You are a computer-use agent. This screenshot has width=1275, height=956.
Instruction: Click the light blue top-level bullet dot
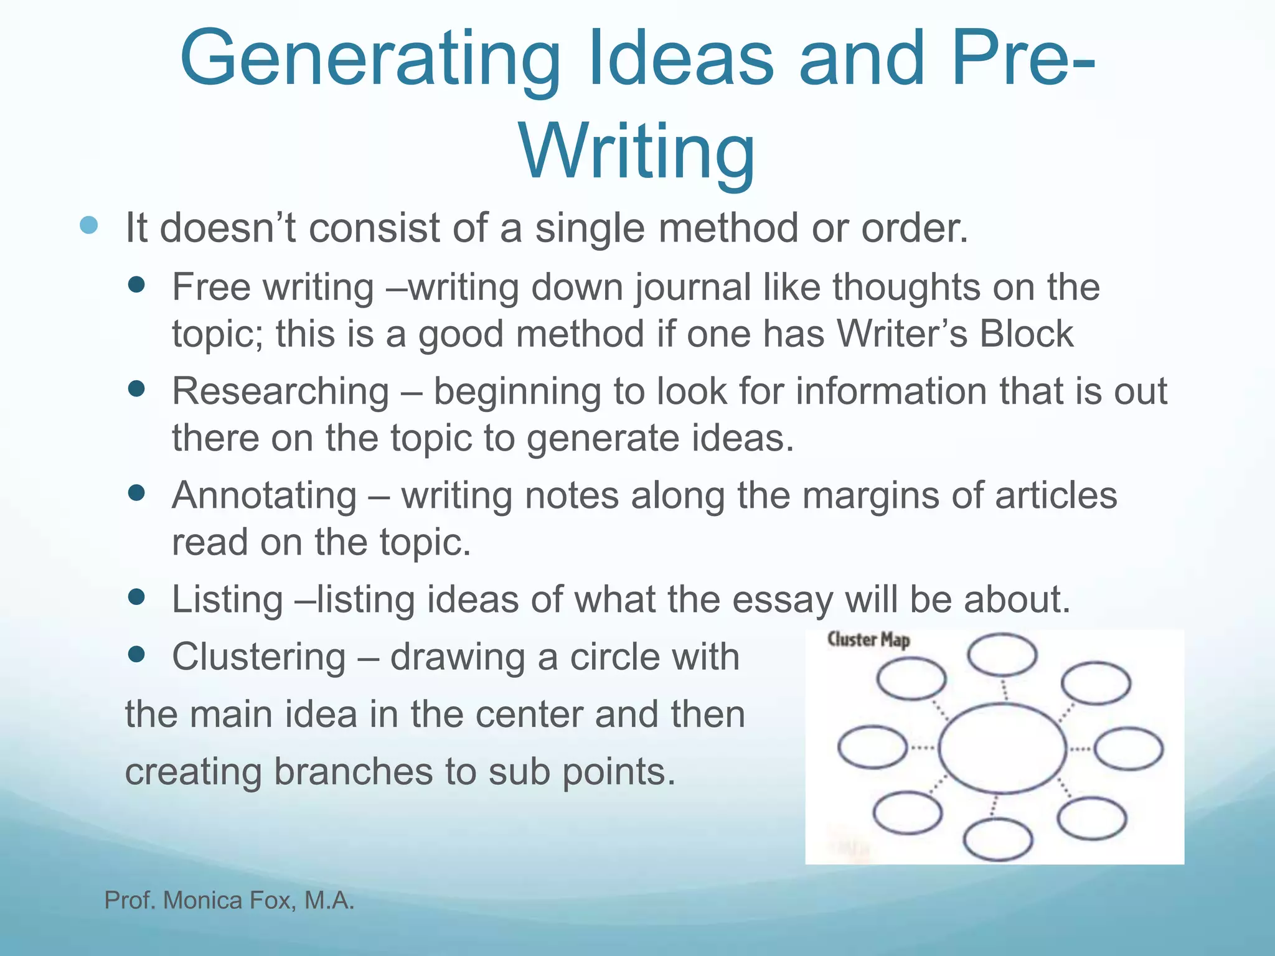tap(90, 225)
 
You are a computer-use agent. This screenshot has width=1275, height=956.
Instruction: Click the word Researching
tap(281, 391)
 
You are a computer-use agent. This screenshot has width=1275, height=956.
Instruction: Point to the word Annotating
tap(265, 495)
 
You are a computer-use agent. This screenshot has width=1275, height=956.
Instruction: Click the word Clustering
tap(259, 657)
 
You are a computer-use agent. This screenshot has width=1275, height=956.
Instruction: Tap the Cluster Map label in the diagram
tap(868, 640)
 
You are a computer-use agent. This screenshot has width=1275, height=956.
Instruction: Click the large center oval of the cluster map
tap(1002, 748)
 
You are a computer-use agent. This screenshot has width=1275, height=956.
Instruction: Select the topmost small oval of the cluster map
tap(1002, 655)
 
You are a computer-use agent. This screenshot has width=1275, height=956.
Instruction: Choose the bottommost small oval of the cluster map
tap(998, 840)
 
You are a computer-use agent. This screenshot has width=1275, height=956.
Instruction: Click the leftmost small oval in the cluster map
tap(872, 747)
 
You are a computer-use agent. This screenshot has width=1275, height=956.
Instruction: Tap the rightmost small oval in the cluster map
tap(1128, 749)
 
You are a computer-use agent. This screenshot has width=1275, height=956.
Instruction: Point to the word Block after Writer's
tap(1027, 334)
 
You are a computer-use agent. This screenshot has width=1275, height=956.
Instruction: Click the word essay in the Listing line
tap(783, 599)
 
